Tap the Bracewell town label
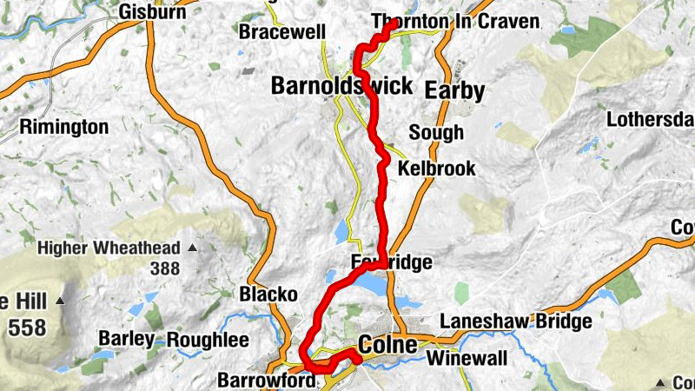click(282, 33)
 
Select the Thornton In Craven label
click(454, 21)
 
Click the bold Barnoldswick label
click(341, 86)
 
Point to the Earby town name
click(454, 91)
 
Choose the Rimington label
click(64, 128)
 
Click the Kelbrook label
click(436, 169)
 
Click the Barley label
click(125, 339)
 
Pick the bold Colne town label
click(387, 345)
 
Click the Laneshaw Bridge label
click(516, 321)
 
